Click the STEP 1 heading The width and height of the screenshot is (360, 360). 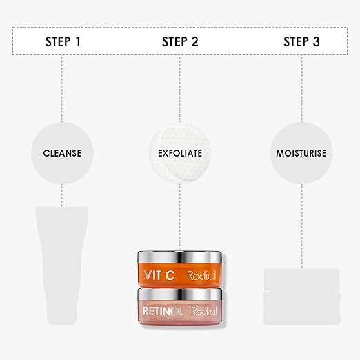pyautogui.click(x=63, y=41)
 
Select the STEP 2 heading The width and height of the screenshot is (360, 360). pyautogui.click(x=180, y=41)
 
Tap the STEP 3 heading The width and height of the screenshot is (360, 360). pyautogui.click(x=301, y=41)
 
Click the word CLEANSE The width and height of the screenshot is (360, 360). pyautogui.click(x=62, y=153)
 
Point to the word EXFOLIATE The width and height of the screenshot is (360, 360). pyautogui.click(x=180, y=153)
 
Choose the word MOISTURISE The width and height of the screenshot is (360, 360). pyautogui.click(x=301, y=153)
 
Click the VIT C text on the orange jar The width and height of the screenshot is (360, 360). pyautogui.click(x=159, y=275)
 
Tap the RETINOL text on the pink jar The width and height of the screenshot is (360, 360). pyautogui.click(x=163, y=311)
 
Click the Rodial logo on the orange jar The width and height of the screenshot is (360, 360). pyautogui.click(x=201, y=275)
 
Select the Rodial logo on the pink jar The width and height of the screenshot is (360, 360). pyautogui.click(x=204, y=311)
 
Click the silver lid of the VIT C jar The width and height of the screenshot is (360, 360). pyautogui.click(x=180, y=257)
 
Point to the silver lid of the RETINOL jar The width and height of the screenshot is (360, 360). pyautogui.click(x=180, y=294)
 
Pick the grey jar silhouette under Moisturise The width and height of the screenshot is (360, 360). pyautogui.click(x=302, y=297)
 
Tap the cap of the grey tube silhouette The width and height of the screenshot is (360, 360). pyautogui.click(x=62, y=313)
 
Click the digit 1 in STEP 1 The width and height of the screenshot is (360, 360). pyautogui.click(x=78, y=41)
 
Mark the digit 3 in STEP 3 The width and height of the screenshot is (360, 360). pyautogui.click(x=317, y=41)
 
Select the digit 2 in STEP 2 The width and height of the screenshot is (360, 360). pyautogui.click(x=194, y=41)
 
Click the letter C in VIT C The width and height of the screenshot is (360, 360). pyautogui.click(x=170, y=275)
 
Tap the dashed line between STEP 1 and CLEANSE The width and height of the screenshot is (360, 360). pyautogui.click(x=62, y=88)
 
